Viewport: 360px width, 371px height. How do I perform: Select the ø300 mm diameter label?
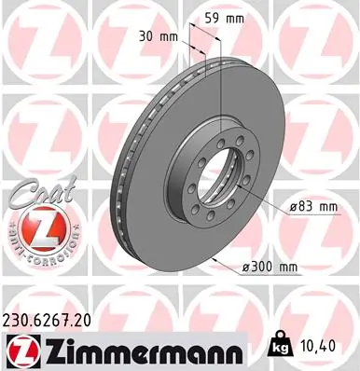point(269,268)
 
